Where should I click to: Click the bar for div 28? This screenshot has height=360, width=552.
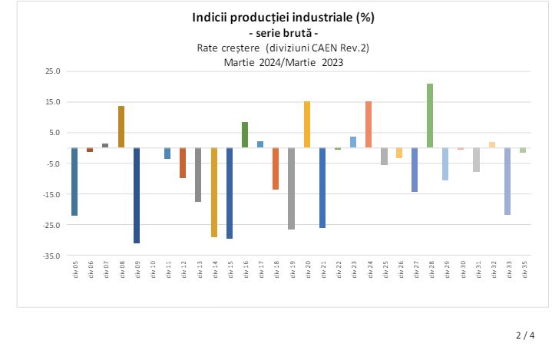tap(430, 115)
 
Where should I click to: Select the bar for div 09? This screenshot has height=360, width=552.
tap(137, 195)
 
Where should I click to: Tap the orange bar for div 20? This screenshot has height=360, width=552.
tap(307, 124)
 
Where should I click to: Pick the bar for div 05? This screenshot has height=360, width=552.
tap(74, 181)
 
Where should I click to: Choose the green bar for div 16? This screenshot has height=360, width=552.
tap(245, 134)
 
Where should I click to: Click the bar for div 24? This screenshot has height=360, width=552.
tap(369, 124)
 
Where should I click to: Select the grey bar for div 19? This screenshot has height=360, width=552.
tap(291, 188)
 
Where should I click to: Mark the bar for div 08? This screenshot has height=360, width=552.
tap(121, 127)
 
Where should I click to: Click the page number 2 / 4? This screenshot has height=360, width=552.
tap(525, 335)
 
